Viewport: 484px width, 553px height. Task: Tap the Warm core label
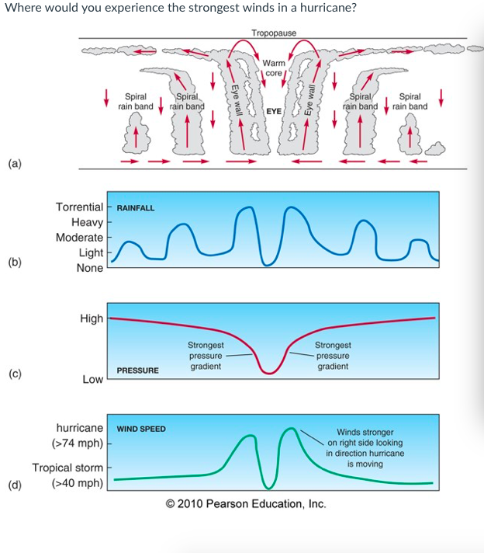tap(273, 68)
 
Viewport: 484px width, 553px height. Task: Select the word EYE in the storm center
tap(273, 111)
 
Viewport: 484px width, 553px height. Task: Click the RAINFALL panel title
tap(136, 208)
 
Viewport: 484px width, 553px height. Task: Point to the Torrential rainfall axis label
tap(79, 207)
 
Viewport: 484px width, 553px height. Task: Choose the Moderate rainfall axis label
tap(79, 237)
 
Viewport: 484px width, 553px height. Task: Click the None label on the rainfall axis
tap(90, 268)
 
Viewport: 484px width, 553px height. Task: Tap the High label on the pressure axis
tap(92, 318)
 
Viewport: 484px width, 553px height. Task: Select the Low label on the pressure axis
tap(92, 379)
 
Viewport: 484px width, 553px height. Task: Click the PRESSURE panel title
tap(138, 370)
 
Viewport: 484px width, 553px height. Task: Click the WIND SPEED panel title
tap(141, 429)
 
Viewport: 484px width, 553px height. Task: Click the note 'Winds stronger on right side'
tap(365, 447)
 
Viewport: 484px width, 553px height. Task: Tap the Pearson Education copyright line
tap(246, 504)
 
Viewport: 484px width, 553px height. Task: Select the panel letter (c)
tap(15, 374)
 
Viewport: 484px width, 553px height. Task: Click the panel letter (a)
tap(15, 163)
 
